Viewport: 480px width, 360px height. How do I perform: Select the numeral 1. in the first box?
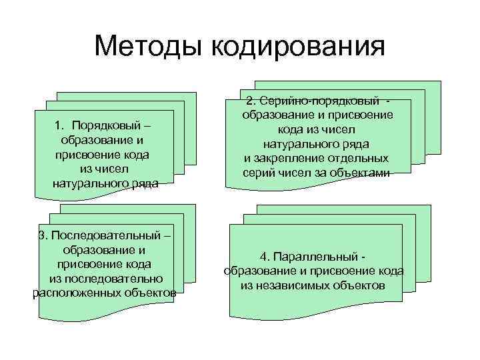tap(60, 126)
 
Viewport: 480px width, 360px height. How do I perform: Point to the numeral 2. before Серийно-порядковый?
tap(250, 101)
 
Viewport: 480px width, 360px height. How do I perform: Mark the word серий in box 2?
tap(258, 173)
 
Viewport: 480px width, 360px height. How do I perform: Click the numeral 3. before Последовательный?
tap(43, 235)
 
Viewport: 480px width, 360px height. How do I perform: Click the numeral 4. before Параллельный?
tap(265, 257)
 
